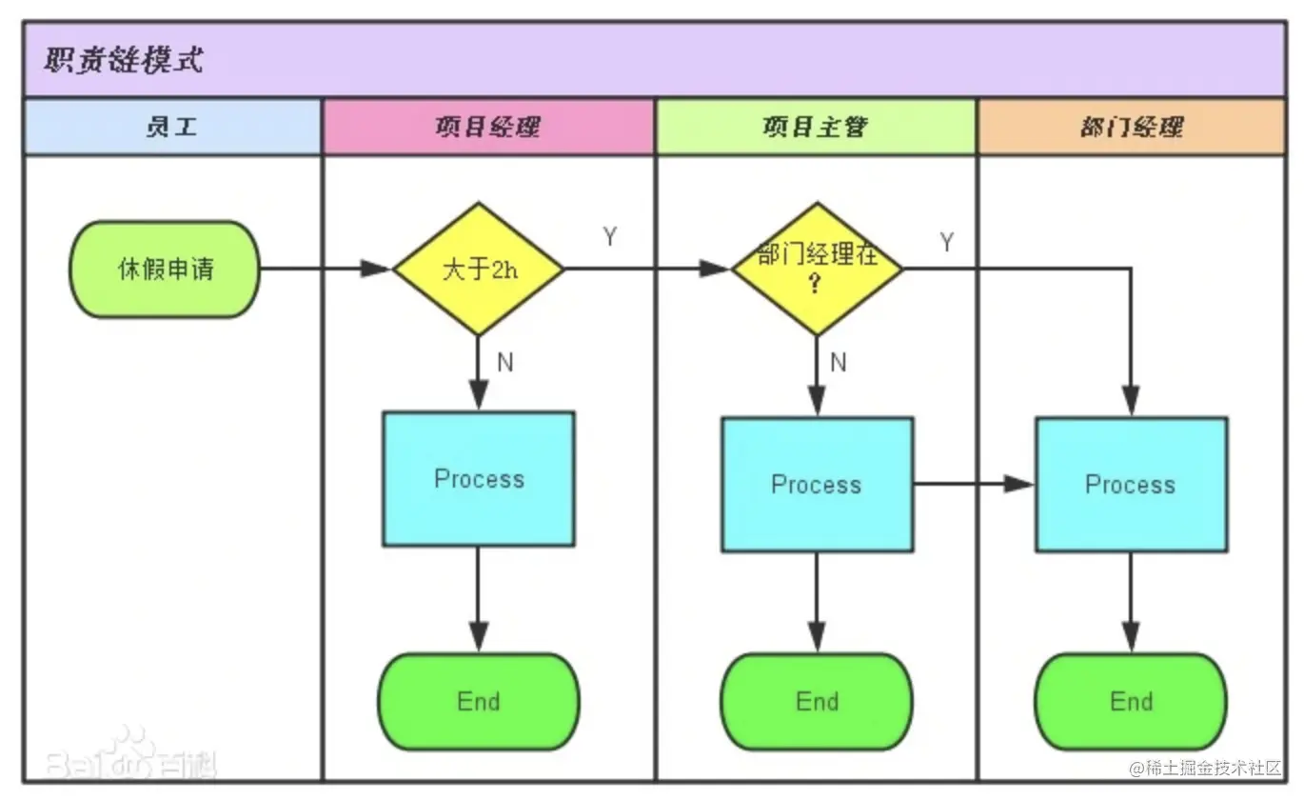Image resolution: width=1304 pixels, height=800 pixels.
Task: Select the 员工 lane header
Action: pyautogui.click(x=172, y=127)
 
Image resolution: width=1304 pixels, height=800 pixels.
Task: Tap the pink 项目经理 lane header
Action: pyautogui.click(x=488, y=127)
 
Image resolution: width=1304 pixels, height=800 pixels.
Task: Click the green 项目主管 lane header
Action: pyautogui.click(x=815, y=127)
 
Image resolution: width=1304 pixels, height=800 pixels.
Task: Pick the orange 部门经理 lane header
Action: pyautogui.click(x=1131, y=127)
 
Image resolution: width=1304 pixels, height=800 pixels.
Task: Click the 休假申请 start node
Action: pyautogui.click(x=165, y=270)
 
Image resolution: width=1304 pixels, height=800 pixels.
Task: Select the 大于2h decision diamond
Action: pyautogui.click(x=479, y=270)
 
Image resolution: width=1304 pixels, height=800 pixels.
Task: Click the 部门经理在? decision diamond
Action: pyautogui.click(x=816, y=270)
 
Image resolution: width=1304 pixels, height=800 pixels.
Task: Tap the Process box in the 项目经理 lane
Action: pyautogui.click(x=479, y=478)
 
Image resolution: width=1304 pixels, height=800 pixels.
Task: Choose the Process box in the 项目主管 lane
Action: pyautogui.click(x=817, y=484)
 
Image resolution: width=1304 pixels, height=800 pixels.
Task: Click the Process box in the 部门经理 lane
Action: pyautogui.click(x=1131, y=484)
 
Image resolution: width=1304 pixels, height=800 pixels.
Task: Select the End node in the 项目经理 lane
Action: pyautogui.click(x=479, y=702)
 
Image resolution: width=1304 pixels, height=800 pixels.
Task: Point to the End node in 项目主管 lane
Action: pyautogui.click(x=817, y=702)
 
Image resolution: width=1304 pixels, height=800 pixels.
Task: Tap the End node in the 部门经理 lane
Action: pyautogui.click(x=1131, y=702)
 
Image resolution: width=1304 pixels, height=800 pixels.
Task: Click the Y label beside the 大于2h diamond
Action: pyautogui.click(x=610, y=237)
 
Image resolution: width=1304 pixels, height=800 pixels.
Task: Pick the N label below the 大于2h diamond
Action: pyautogui.click(x=505, y=363)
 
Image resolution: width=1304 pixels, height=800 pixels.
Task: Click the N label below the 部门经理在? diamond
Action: pyautogui.click(x=839, y=362)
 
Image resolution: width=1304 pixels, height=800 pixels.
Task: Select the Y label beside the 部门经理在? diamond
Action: pyautogui.click(x=947, y=242)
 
